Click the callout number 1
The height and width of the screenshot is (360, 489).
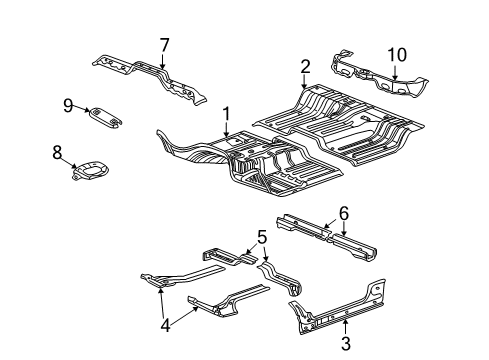coord(227,114)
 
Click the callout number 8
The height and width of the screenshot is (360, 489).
coord(58,152)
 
